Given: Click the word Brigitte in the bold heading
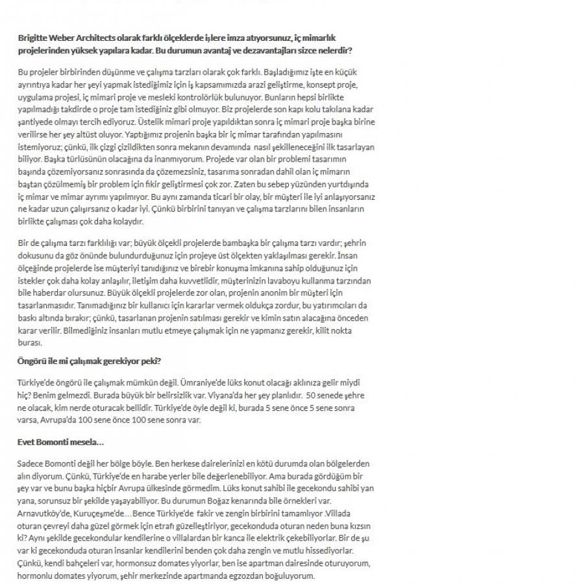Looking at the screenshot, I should pos(33,38).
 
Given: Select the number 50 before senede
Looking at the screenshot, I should pos(311,394).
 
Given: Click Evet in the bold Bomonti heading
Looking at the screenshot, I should pos(26,441).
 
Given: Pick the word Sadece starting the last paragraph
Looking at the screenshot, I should pos(32,464).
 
